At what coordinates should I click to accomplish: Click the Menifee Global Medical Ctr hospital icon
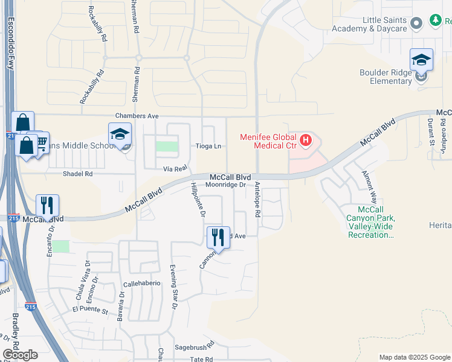click(x=306, y=141)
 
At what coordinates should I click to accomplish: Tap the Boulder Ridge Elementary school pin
click(x=421, y=61)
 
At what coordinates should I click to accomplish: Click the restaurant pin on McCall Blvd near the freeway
click(x=47, y=206)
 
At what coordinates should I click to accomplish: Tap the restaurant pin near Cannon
click(x=218, y=238)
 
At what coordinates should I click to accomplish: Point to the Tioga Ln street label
click(x=208, y=146)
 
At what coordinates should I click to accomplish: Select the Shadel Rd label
click(x=78, y=174)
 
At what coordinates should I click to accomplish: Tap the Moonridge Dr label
click(x=225, y=185)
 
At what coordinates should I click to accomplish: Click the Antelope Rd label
click(x=257, y=200)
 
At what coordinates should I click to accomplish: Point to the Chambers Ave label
click(x=137, y=116)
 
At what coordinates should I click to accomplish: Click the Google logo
click(x=20, y=355)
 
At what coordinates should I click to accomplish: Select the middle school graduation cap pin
click(x=120, y=135)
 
